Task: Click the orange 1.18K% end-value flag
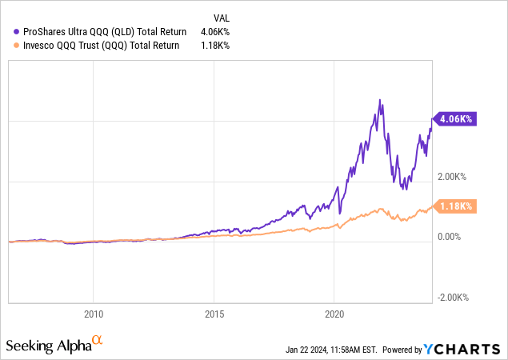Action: [x=454, y=206]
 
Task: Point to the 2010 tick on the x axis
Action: [x=94, y=313]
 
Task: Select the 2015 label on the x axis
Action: [x=214, y=313]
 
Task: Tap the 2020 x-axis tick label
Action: [x=334, y=313]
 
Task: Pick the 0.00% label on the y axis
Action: [x=450, y=237]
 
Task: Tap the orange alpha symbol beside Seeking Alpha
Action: [x=98, y=342]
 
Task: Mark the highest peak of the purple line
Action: [x=380, y=100]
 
